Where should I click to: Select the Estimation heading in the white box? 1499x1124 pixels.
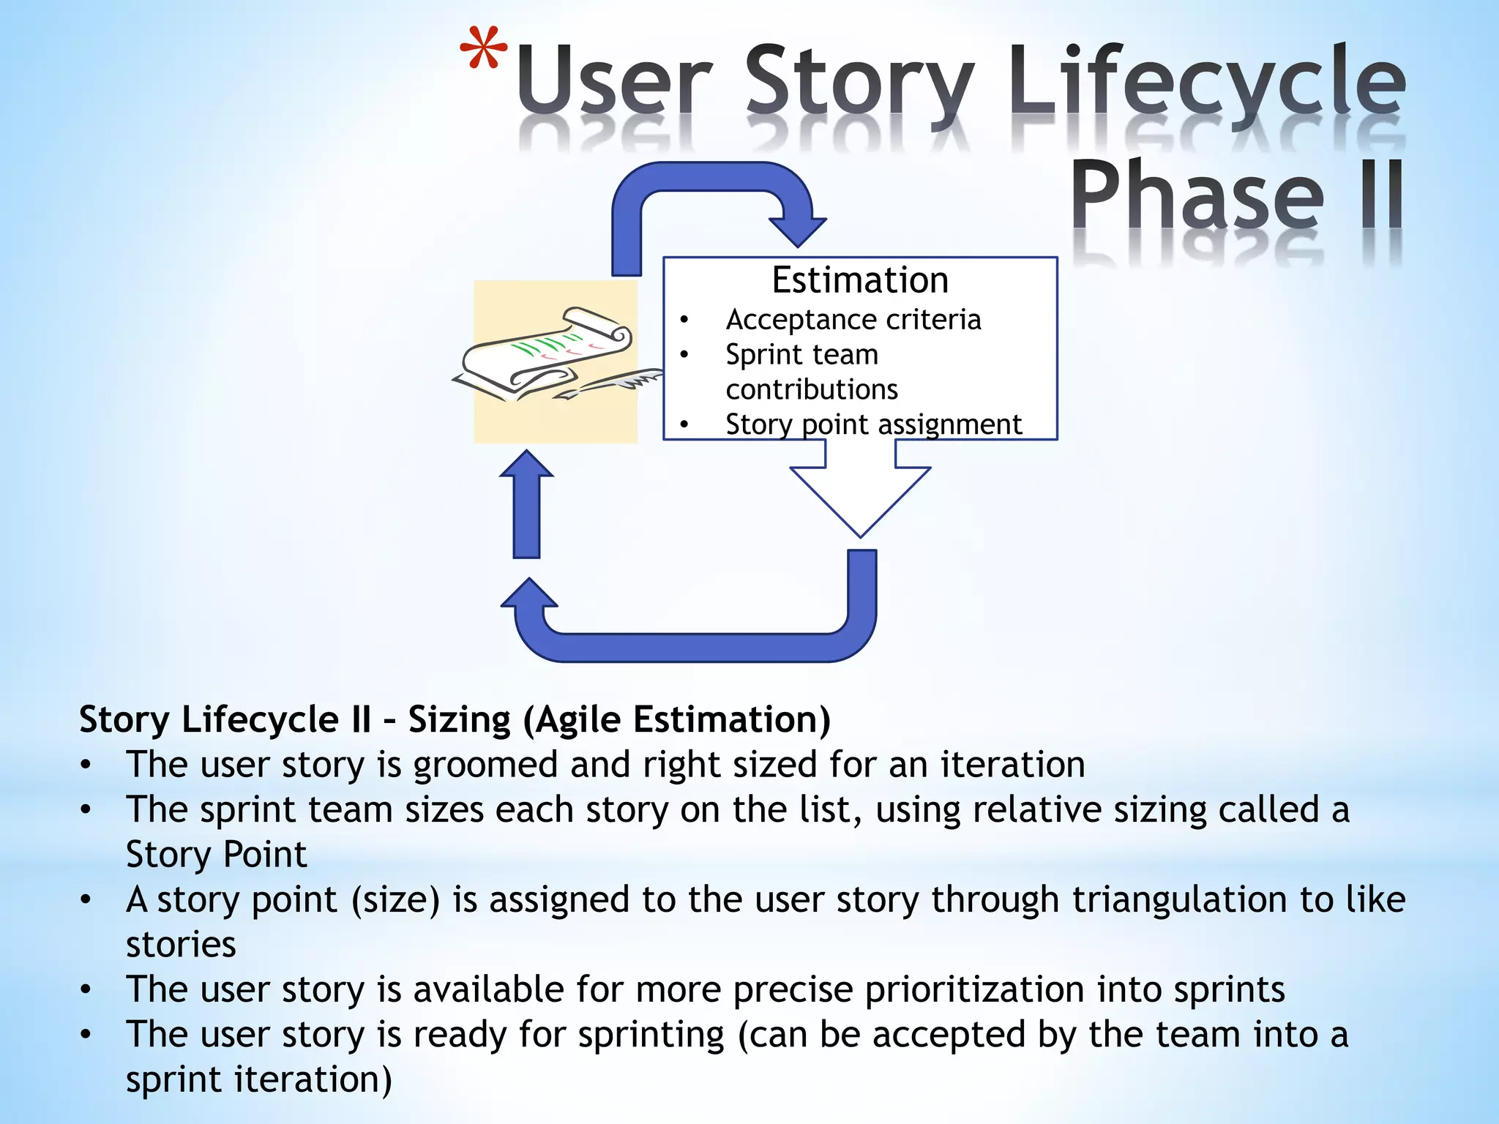[x=860, y=280]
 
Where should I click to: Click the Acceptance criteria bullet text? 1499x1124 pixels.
[x=853, y=320]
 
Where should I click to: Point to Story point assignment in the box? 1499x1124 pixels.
[x=872, y=424]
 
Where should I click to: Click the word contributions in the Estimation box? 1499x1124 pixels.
[x=811, y=389]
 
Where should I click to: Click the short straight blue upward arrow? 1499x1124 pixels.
[x=526, y=505]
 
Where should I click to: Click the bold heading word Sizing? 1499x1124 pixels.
[x=459, y=719]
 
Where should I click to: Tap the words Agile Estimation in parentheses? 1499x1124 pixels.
[x=677, y=719]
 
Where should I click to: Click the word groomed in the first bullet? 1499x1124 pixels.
[x=485, y=765]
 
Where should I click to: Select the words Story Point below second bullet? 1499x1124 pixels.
[x=216, y=855]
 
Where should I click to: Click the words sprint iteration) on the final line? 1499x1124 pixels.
[x=258, y=1079]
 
